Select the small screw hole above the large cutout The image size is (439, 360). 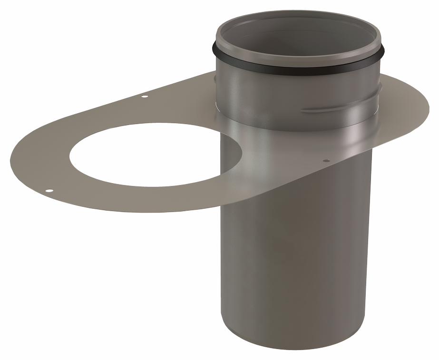click(145, 97)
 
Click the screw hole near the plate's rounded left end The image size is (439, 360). click(49, 191)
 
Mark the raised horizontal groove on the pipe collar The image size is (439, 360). click(328, 110)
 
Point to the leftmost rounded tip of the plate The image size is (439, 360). click(10, 159)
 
